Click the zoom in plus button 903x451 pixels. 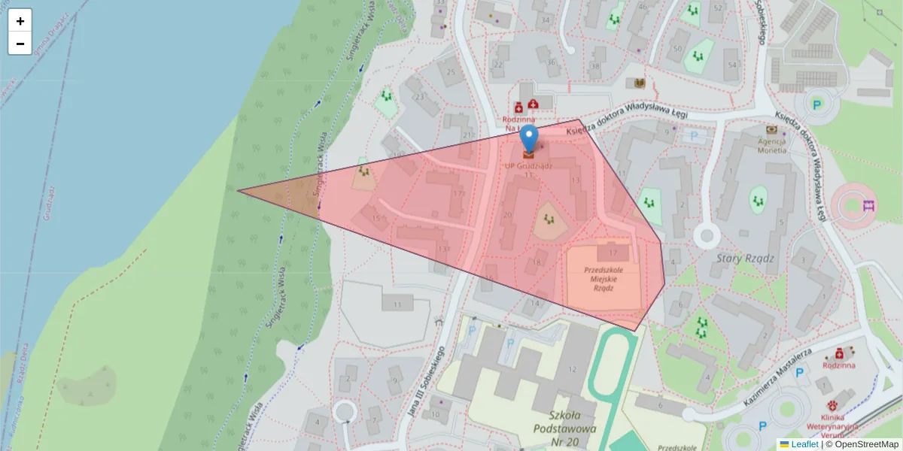coord(20,21)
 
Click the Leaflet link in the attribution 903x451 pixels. coord(804,444)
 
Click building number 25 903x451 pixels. coord(451,72)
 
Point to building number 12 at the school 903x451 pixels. coord(572,368)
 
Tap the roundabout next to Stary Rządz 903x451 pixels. coord(707,237)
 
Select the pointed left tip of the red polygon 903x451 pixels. coord(239,190)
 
